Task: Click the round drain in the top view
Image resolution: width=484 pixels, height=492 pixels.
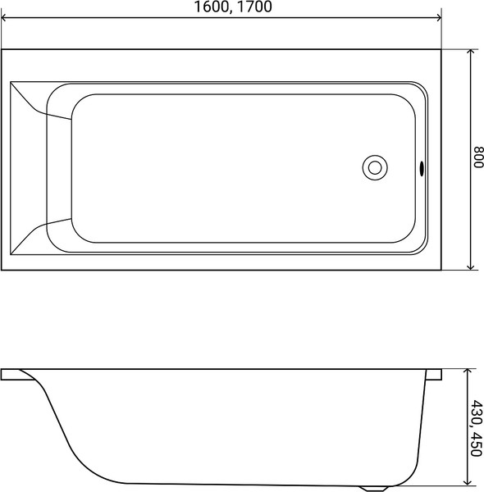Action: pyautogui.click(x=374, y=167)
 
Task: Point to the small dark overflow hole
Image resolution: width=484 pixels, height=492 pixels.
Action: pyautogui.click(x=422, y=169)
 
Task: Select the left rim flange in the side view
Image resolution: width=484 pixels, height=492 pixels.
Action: pyautogui.click(x=16, y=375)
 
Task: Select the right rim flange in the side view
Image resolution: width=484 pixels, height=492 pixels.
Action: pyautogui.click(x=434, y=375)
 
